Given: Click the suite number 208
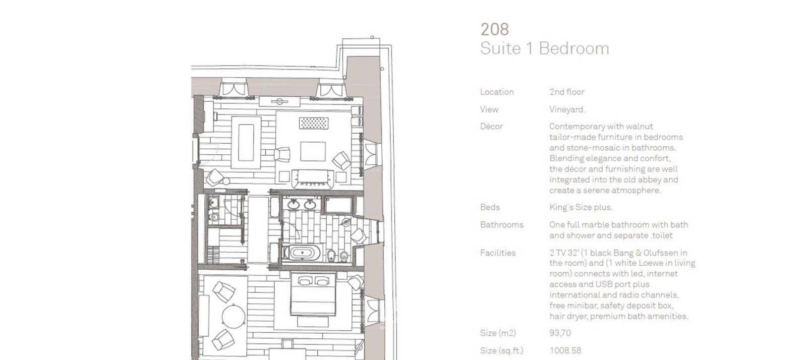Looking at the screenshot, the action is pyautogui.click(x=494, y=30).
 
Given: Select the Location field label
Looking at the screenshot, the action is pyautogui.click(x=497, y=92).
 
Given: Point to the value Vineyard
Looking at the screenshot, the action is pyautogui.click(x=567, y=109).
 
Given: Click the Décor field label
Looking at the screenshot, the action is pyautogui.click(x=491, y=127).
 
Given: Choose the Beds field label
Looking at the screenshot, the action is pyautogui.click(x=490, y=207).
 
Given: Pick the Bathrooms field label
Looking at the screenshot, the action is pyautogui.click(x=501, y=225).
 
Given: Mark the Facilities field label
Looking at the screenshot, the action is pyautogui.click(x=498, y=253).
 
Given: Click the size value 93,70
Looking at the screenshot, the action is pyautogui.click(x=560, y=333).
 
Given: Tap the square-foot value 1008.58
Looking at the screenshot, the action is pyautogui.click(x=565, y=350).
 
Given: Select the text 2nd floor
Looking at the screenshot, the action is pyautogui.click(x=567, y=92).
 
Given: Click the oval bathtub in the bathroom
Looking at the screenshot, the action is pyautogui.click(x=302, y=253).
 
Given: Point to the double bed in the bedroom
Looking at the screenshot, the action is pyautogui.click(x=313, y=294).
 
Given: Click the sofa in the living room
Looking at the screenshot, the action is pyautogui.click(x=313, y=178).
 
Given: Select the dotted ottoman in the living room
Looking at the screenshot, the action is pyautogui.click(x=313, y=123).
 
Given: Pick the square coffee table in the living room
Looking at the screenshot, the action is pyautogui.click(x=313, y=151).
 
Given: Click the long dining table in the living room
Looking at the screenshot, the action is pyautogui.click(x=246, y=143).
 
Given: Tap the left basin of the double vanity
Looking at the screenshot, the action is pyautogui.click(x=293, y=205).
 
